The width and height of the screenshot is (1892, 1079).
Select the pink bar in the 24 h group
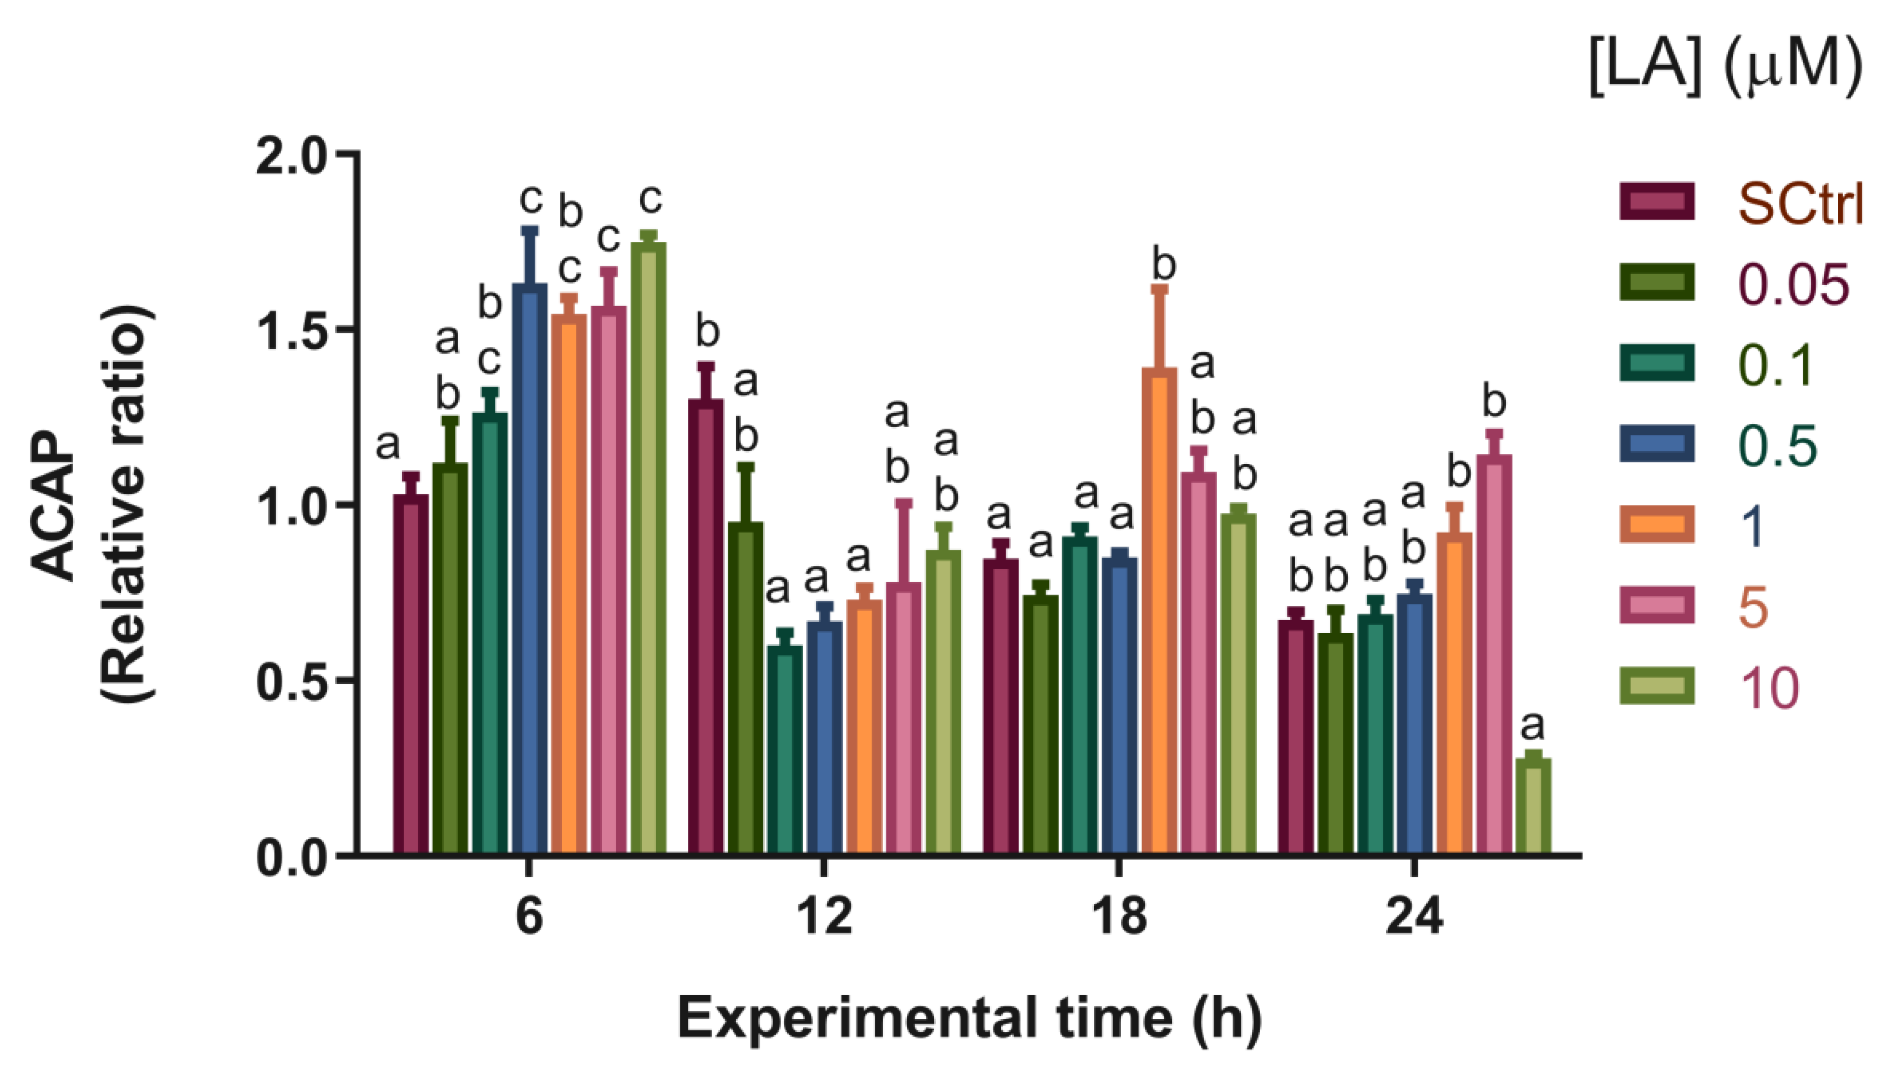(1494, 655)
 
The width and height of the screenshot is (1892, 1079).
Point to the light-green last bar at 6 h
(648, 549)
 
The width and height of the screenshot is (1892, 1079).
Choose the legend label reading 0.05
(1793, 285)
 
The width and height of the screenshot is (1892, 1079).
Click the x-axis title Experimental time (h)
(969, 1020)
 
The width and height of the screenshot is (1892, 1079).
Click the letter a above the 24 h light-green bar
(1532, 726)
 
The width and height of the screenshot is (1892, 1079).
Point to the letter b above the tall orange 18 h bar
(1164, 265)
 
